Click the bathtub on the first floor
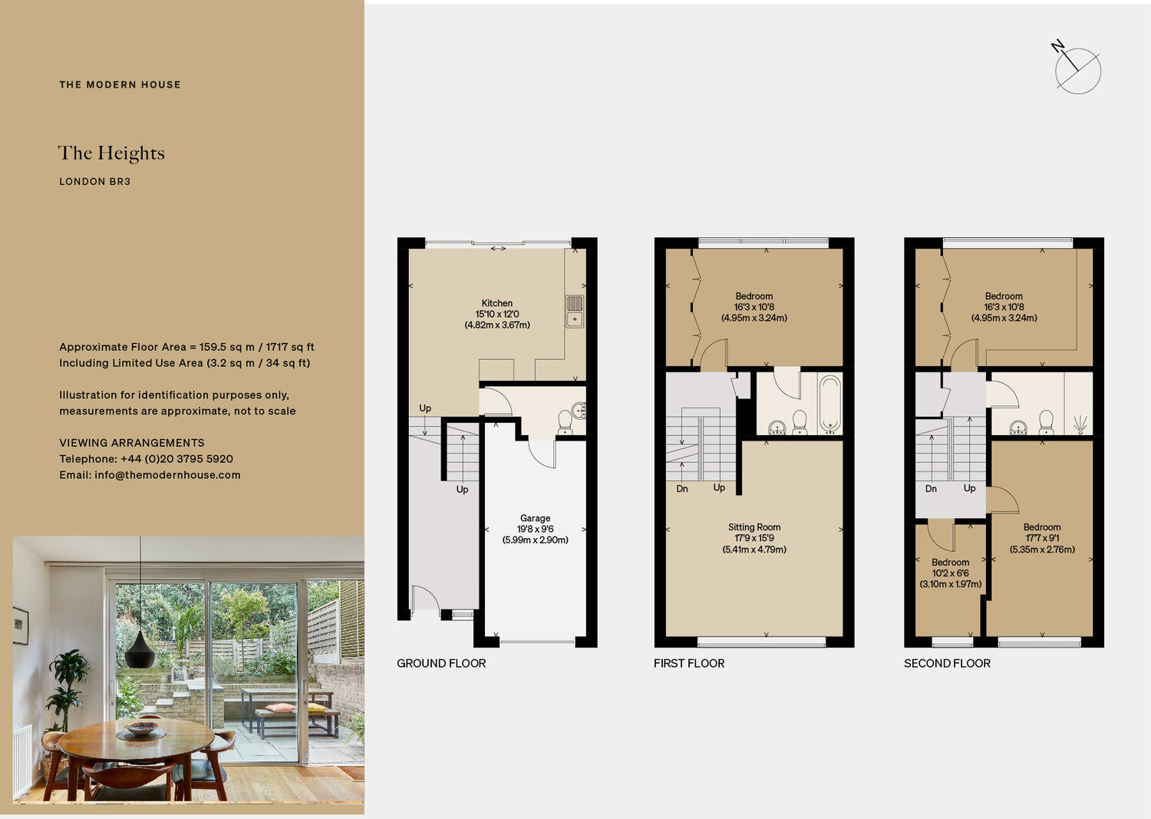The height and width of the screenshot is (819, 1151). [829, 403]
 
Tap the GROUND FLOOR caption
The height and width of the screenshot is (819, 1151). [441, 663]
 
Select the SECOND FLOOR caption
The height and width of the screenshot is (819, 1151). [947, 663]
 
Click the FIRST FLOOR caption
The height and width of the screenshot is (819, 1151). [689, 663]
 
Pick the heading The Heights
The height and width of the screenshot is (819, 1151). [111, 154]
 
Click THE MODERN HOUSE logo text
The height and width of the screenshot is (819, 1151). [120, 84]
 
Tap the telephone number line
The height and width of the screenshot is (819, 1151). [146, 459]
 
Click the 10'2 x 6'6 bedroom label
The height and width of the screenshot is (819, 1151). [950, 573]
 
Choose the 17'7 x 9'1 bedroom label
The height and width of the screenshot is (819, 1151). [1042, 538]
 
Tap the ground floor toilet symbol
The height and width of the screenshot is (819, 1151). [566, 421]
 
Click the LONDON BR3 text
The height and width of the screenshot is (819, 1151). [95, 182]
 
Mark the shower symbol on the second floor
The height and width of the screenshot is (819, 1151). [1080, 424]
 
